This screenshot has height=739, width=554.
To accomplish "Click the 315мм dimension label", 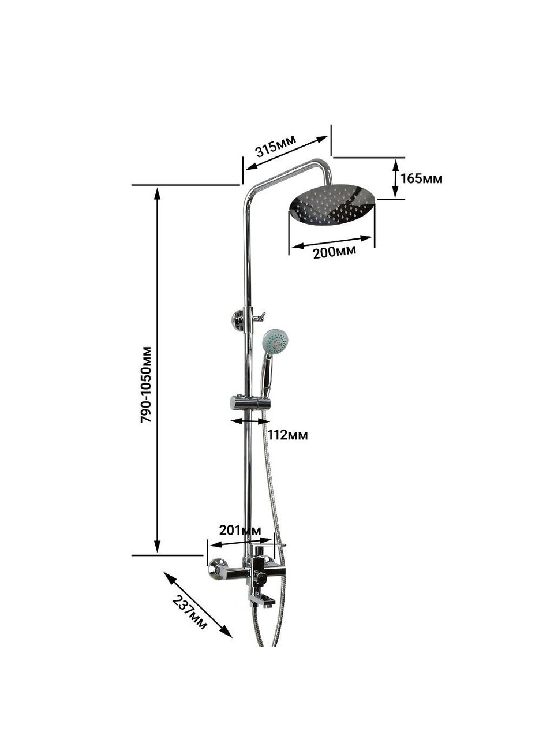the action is pyautogui.click(x=276, y=146).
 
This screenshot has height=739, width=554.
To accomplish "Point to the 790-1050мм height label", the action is pyautogui.click(x=147, y=384).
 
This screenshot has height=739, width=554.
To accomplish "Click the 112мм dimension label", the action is pyautogui.click(x=287, y=435).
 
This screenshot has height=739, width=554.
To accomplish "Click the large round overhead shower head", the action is pyautogui.click(x=332, y=205).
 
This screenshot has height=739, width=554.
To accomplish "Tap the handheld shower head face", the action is pyautogui.click(x=275, y=341).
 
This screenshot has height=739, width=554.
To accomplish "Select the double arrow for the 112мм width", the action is pyautogui.click(x=249, y=421).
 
